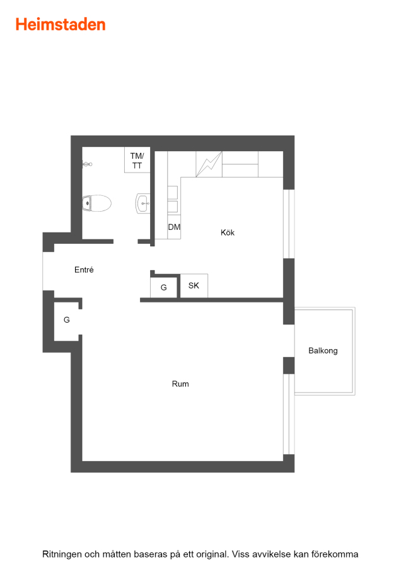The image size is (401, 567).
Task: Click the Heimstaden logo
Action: click(61, 25)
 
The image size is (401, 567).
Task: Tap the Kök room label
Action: click(227, 232)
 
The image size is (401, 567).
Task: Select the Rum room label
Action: click(180, 384)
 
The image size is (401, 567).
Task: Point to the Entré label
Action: click(84, 270)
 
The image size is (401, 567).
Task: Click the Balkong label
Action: click(323, 351)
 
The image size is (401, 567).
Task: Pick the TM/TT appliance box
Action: click(137, 160)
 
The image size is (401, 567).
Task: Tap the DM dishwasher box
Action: click(174, 227)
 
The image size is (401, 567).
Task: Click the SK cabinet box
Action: click(194, 285)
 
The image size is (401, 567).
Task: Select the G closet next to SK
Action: click(163, 287)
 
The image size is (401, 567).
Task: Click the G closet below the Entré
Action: click(67, 319)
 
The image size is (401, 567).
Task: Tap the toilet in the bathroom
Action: click(96, 203)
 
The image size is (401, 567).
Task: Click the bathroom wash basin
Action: click(142, 203)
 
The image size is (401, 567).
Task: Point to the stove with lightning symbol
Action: click(209, 164)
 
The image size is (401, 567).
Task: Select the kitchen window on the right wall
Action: click(288, 224)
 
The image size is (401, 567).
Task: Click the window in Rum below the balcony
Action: click(288, 414)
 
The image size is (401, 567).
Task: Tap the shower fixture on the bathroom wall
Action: click(87, 164)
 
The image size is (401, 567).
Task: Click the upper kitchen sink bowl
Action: click(173, 192)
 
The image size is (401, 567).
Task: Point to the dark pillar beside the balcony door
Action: click(288, 365)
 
